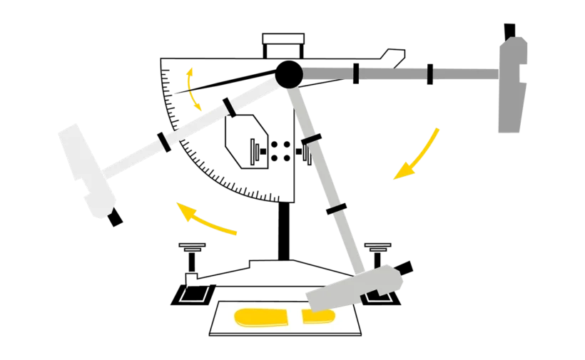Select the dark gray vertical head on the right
coord(512,86)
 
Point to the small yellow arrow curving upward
coord(193,89)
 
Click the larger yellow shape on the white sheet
coord(261,317)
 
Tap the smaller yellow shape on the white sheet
coord(319,315)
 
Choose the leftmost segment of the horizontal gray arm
coord(328,72)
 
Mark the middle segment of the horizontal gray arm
coord(392,72)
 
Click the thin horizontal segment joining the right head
coord(467,73)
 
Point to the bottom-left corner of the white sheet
coord(210,333)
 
